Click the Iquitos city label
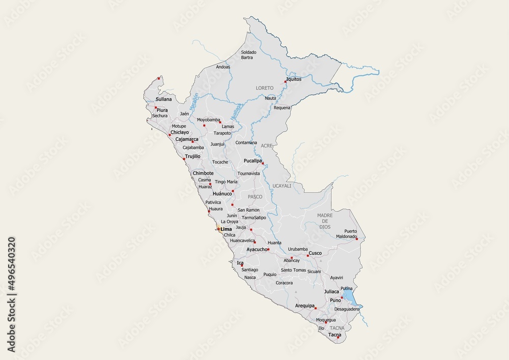coord(294,79)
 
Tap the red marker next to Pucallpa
coord(263,163)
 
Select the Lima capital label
coord(226,230)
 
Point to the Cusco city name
coord(315,253)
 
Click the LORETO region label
coord(265,88)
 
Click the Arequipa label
coord(304,306)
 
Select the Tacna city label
coord(334,335)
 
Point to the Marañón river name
coord(194,102)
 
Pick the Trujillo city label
coord(193,157)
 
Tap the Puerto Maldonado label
coord(347,234)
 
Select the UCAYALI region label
coord(282,186)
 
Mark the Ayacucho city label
coord(257,250)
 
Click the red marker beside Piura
coord(156,107)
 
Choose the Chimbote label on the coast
coord(203,173)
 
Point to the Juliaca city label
coord(331,292)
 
